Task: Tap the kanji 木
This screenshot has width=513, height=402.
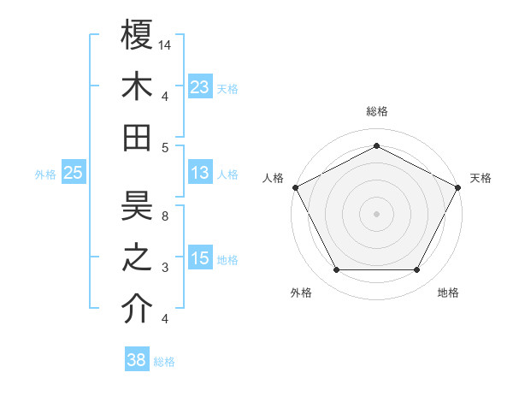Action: [x=137, y=86]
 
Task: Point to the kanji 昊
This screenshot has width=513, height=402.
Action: [x=137, y=205]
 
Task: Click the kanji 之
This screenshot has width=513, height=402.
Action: [x=137, y=258]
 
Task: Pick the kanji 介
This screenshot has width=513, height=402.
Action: [x=137, y=310]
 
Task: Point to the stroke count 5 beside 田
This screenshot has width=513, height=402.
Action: [x=165, y=148]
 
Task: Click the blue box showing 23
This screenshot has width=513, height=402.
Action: [x=200, y=86]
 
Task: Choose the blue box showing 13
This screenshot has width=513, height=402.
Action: [x=200, y=173]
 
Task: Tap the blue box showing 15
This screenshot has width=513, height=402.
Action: [x=200, y=258]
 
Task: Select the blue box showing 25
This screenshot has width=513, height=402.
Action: [x=74, y=173]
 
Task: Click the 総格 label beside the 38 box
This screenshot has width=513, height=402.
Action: [x=164, y=362]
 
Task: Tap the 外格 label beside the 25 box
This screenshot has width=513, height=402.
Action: [x=45, y=174]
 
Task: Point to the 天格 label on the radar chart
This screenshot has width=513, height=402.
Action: [x=481, y=178]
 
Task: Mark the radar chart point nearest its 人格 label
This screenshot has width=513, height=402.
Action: [x=295, y=186]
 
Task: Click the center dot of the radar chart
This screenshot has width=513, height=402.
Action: [x=376, y=213]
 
